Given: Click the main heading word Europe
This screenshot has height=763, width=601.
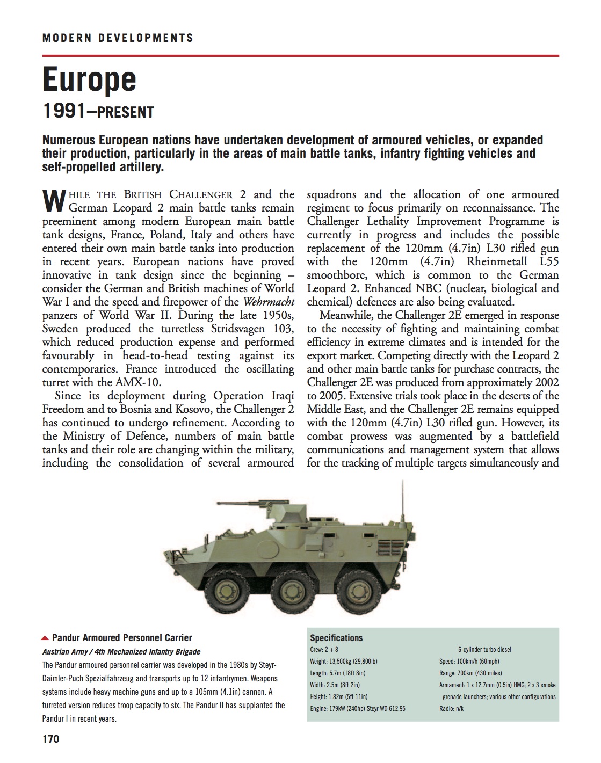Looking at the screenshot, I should (x=89, y=79).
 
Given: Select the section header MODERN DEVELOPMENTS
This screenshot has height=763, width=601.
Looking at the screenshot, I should (x=118, y=38).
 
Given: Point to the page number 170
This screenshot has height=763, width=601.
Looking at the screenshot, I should (x=50, y=739).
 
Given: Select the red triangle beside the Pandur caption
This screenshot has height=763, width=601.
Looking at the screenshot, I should (x=45, y=638).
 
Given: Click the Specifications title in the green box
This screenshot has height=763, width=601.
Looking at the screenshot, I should (x=336, y=638).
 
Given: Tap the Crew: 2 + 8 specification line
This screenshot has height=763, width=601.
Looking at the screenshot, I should (x=324, y=650).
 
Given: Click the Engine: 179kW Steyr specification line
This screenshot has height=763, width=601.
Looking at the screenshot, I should (x=358, y=709).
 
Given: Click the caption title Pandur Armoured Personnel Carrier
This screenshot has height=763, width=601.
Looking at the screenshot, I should (x=122, y=638).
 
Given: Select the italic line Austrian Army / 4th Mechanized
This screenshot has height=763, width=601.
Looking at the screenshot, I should (x=121, y=652).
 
